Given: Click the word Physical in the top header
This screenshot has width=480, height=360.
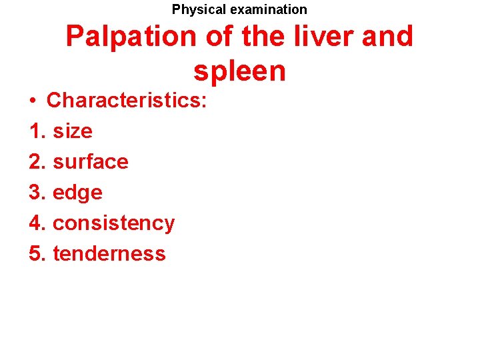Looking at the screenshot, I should [199, 9].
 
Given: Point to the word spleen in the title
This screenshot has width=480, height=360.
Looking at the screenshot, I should [239, 71].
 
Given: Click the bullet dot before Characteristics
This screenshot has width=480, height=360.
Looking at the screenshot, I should [33, 101].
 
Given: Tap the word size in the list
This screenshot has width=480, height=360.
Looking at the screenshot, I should [73, 131].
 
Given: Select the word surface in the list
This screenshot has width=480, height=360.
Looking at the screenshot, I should [90, 161].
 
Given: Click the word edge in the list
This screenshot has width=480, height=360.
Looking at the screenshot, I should [77, 193].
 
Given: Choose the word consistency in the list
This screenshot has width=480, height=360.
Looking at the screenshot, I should [113, 223].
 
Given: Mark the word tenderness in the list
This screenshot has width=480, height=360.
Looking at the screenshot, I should [109, 253].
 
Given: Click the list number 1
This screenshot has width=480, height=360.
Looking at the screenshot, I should [37, 131].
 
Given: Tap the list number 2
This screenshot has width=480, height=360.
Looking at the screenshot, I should [37, 161].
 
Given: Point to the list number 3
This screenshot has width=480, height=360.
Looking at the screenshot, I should [37, 193].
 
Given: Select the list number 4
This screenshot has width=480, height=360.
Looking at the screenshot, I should [37, 223].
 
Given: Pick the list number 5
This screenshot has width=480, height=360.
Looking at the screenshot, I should [37, 253].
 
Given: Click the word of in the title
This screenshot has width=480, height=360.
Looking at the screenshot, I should [219, 37].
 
